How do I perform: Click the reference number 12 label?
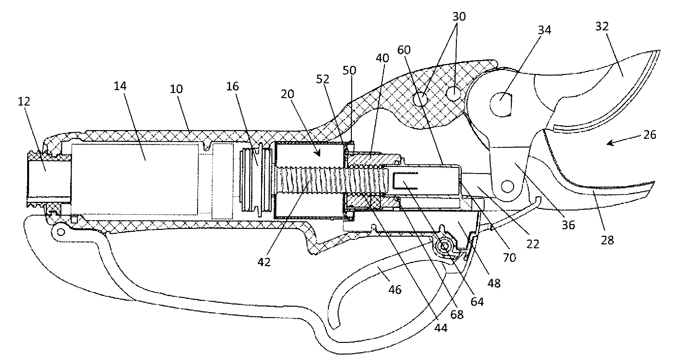pyautogui.click(x=24, y=101)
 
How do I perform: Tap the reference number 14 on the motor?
pyautogui.click(x=120, y=86)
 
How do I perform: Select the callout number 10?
pyautogui.click(x=176, y=89)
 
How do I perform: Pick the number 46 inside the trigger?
pyautogui.click(x=395, y=290)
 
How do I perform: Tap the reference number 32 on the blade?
pyautogui.click(x=602, y=26)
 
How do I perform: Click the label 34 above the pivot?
pyautogui.click(x=544, y=30)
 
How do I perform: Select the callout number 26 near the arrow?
pyautogui.click(x=650, y=134)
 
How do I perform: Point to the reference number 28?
pyautogui.click(x=607, y=240)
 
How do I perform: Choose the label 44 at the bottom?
pyautogui.click(x=441, y=328)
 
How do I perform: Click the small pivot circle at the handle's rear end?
pyautogui.click(x=59, y=231)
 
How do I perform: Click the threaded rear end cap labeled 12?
pyautogui.click(x=47, y=178)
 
